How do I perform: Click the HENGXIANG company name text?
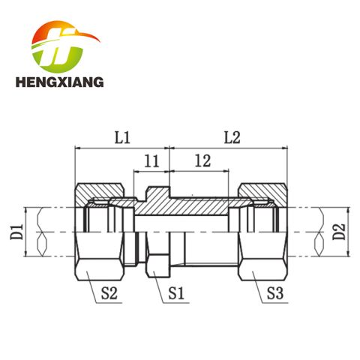[x=60, y=82]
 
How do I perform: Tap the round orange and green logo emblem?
[x=65, y=46]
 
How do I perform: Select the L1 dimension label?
[x=122, y=137]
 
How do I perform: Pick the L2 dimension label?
[x=232, y=137]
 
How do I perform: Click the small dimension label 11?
[x=151, y=161]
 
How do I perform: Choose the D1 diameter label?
[x=16, y=232]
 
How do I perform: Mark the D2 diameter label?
[x=339, y=232]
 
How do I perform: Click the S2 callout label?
[x=109, y=293]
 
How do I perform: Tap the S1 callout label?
[x=176, y=293]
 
